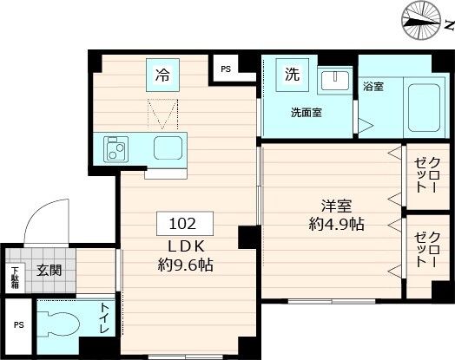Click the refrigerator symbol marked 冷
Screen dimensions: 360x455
[x=162, y=75]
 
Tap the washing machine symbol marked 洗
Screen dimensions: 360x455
[x=292, y=75]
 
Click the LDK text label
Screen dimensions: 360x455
[x=181, y=246]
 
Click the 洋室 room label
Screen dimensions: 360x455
[x=336, y=206]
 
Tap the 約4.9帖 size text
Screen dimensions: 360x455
[x=336, y=225]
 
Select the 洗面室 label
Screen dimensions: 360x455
[x=306, y=112]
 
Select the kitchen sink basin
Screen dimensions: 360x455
[x=168, y=148]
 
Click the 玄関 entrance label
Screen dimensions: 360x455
[x=49, y=270]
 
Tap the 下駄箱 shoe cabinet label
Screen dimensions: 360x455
[x=15, y=277]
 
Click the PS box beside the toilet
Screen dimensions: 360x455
[x=17, y=327]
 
